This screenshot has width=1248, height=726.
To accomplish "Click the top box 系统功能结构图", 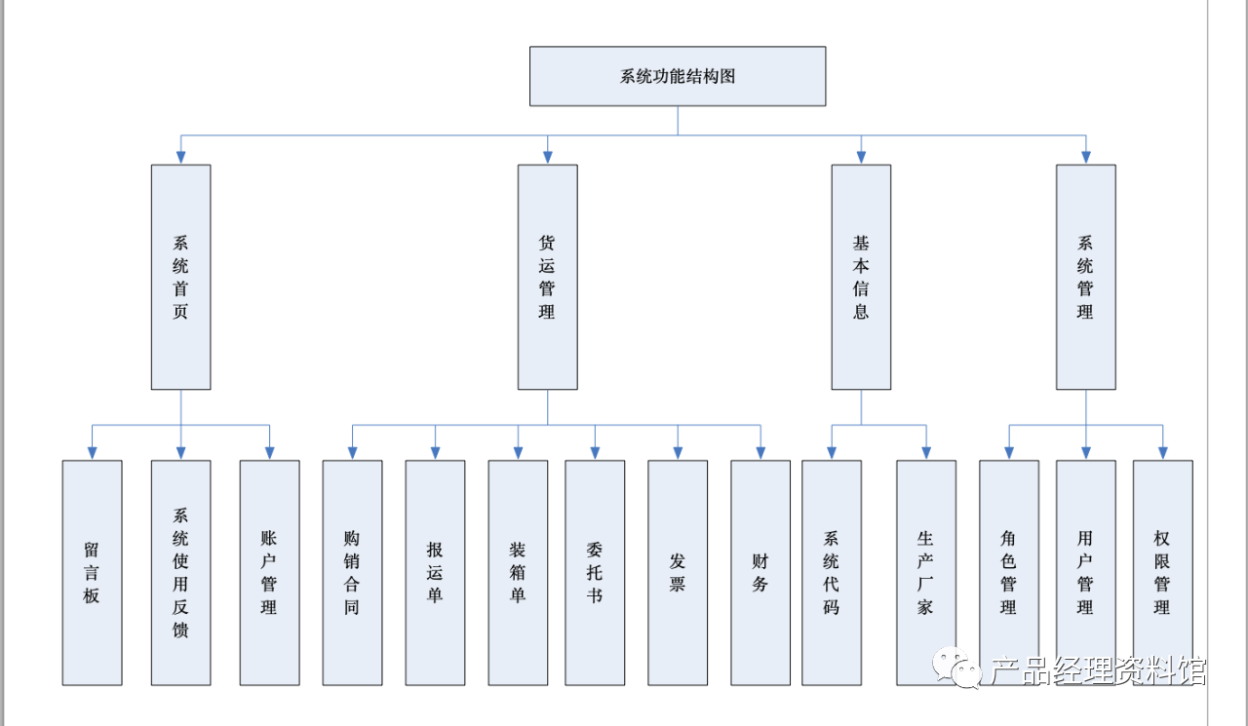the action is pos(678,76).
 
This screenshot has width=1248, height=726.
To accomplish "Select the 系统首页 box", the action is pos(181,277).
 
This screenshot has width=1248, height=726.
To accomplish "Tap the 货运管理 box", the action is pos(548,277).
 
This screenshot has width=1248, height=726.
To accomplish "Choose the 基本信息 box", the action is pos(861,277).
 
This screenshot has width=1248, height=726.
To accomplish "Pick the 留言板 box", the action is pos(93,572).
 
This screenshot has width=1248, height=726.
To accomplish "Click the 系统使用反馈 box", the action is pos(181,572).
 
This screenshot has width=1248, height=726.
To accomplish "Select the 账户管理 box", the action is pos(270,572).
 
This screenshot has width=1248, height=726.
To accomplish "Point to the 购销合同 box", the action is pos(352,572).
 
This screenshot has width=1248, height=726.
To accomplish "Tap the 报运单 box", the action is pos(435,572).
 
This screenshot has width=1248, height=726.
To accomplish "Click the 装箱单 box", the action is pos(518,572).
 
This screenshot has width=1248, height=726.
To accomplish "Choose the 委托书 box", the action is pos(595,572).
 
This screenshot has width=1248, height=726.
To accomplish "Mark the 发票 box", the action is pos(678,572).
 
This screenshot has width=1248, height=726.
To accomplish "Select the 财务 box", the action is pos(760,572).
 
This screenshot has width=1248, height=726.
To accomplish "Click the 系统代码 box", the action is pos(832,572).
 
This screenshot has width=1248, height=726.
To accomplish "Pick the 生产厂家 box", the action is pos(926,572).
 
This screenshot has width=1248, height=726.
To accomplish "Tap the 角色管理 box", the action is pos(1009,572).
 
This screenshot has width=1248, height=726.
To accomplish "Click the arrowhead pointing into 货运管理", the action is pos(548,158).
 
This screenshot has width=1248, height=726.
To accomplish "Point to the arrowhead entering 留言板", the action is pos(93,453).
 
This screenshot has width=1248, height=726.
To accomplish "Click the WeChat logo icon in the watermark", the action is pos(957,669).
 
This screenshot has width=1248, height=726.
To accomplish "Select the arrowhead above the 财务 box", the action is pos(760,453).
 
